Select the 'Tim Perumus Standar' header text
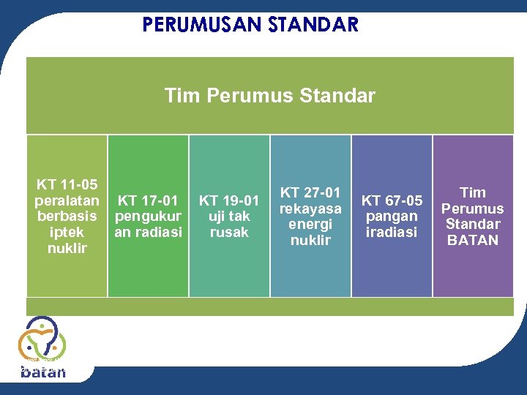[269, 96]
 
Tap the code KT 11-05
[67, 184]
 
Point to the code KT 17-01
[148, 200]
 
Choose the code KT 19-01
[229, 200]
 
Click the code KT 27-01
[310, 192]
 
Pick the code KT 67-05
[392, 200]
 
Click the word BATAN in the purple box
[473, 240]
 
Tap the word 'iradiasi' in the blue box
[392, 232]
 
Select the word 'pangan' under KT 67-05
[392, 216]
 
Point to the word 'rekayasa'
[310, 208]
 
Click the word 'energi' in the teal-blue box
[310, 224]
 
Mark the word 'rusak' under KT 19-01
[229, 232]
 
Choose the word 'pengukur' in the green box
[148, 216]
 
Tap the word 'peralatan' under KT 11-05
[67, 200]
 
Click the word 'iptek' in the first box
[67, 232]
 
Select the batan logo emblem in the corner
[42, 339]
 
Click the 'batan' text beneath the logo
[43, 372]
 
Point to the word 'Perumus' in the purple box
[473, 208]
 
